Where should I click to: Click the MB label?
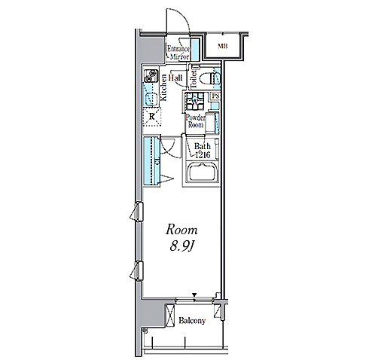tap(223, 46)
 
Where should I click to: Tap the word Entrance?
tap(178, 48)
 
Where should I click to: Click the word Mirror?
tap(179, 56)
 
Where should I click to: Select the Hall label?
tap(175, 78)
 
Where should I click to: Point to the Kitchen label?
tap(163, 87)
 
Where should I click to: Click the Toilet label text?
tap(194, 79)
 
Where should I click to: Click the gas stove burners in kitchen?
tap(151, 75)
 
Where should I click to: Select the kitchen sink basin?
tap(151, 97)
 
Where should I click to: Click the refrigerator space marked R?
tap(151, 117)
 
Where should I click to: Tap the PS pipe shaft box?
tap(216, 96)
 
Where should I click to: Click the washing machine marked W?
tap(195, 101)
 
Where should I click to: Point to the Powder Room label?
tap(195, 121)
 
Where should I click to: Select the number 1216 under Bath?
tap(203, 155)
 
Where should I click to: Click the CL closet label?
tap(157, 161)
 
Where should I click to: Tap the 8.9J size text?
tap(181, 247)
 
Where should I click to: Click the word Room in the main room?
tap(181, 230)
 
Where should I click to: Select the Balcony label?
tap(192, 321)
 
